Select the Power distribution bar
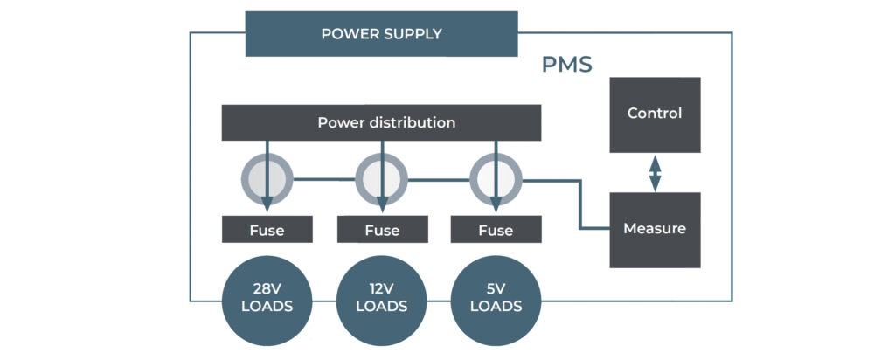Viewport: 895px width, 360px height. [381, 122]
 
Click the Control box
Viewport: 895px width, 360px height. [654, 114]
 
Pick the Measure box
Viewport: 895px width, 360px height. [654, 229]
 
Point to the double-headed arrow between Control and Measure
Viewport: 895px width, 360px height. [654, 172]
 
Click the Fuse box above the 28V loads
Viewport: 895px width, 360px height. [267, 230]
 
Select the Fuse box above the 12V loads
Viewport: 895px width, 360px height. [382, 230]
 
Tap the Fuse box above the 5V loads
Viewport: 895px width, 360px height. [496, 230]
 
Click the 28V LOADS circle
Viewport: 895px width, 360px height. [267, 298]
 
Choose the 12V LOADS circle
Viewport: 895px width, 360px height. [382, 298]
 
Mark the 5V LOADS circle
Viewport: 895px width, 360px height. [496, 298]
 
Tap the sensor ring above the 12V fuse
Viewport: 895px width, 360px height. [381, 179]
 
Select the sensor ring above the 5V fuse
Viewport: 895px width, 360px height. [496, 179]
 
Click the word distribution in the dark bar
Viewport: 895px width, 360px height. [410, 122]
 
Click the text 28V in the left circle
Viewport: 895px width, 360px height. [267, 288]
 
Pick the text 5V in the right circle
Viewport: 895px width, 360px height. [496, 288]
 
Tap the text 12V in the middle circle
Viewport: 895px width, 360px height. [382, 288]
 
